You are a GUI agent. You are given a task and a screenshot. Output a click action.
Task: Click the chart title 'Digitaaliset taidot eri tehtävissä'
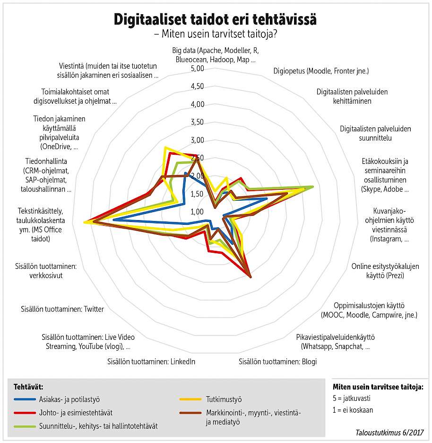tap(215, 19)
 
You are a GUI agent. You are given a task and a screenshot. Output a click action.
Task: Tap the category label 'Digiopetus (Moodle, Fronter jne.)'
tap(321, 71)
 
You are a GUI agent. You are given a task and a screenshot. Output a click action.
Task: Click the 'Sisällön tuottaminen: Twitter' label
tap(62, 309)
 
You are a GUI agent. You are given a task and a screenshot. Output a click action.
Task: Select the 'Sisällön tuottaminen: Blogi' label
tap(278, 362)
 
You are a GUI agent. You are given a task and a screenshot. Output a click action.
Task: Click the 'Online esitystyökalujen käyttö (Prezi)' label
tap(385, 271)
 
